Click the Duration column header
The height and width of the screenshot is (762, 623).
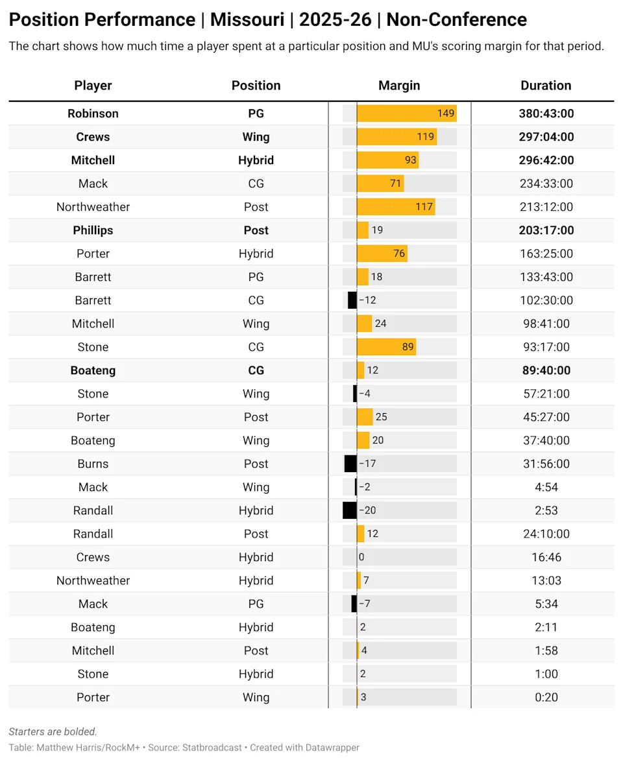coord(546,86)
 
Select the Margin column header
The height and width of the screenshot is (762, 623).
coord(399,86)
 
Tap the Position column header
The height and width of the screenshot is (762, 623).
coord(256,86)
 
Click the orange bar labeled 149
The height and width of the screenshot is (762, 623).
coord(406,113)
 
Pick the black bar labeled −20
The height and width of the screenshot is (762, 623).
coord(350,510)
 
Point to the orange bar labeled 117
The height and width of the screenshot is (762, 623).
coord(396,207)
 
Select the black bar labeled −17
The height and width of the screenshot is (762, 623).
coord(350,464)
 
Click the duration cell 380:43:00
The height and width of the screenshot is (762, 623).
coord(546,113)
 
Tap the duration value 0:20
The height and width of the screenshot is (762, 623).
coord(546,697)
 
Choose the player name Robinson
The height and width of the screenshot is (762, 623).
coord(93,113)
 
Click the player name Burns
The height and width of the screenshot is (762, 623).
coord(93,464)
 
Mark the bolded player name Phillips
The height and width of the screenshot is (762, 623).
coord(93,230)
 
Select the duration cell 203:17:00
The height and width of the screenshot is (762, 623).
coord(546,230)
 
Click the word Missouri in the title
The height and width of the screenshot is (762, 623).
coord(247,20)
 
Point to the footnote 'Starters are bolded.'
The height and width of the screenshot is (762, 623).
coord(53,732)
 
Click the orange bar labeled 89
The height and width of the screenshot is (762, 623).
coord(386,347)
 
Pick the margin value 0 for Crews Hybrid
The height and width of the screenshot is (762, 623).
coord(361,557)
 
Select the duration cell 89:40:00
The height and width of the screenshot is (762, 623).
coord(546,370)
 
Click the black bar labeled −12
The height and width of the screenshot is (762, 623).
coord(352,300)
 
